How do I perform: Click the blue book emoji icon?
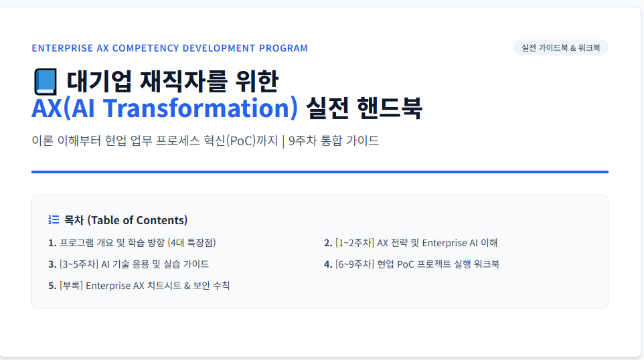pyautogui.click(x=45, y=82)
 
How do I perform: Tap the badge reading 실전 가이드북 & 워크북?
pyautogui.click(x=560, y=48)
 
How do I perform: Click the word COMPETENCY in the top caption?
pyautogui.click(x=146, y=48)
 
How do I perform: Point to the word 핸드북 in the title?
pyautogui.click(x=390, y=108)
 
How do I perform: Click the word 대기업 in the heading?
pyautogui.click(x=98, y=81)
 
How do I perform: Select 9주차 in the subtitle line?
pyautogui.click(x=303, y=141)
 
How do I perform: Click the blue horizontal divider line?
pyautogui.click(x=320, y=172)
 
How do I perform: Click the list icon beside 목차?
pyautogui.click(x=54, y=219)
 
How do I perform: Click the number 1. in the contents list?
pyautogui.click(x=52, y=243)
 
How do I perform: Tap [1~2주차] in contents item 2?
pyautogui.click(x=354, y=243)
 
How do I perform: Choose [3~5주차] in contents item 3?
pyautogui.click(x=79, y=264)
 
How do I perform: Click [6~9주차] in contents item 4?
pyautogui.click(x=354, y=264)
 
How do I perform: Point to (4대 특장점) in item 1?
pyautogui.click(x=192, y=243)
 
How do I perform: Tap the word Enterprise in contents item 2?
pyautogui.click(x=445, y=243)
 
